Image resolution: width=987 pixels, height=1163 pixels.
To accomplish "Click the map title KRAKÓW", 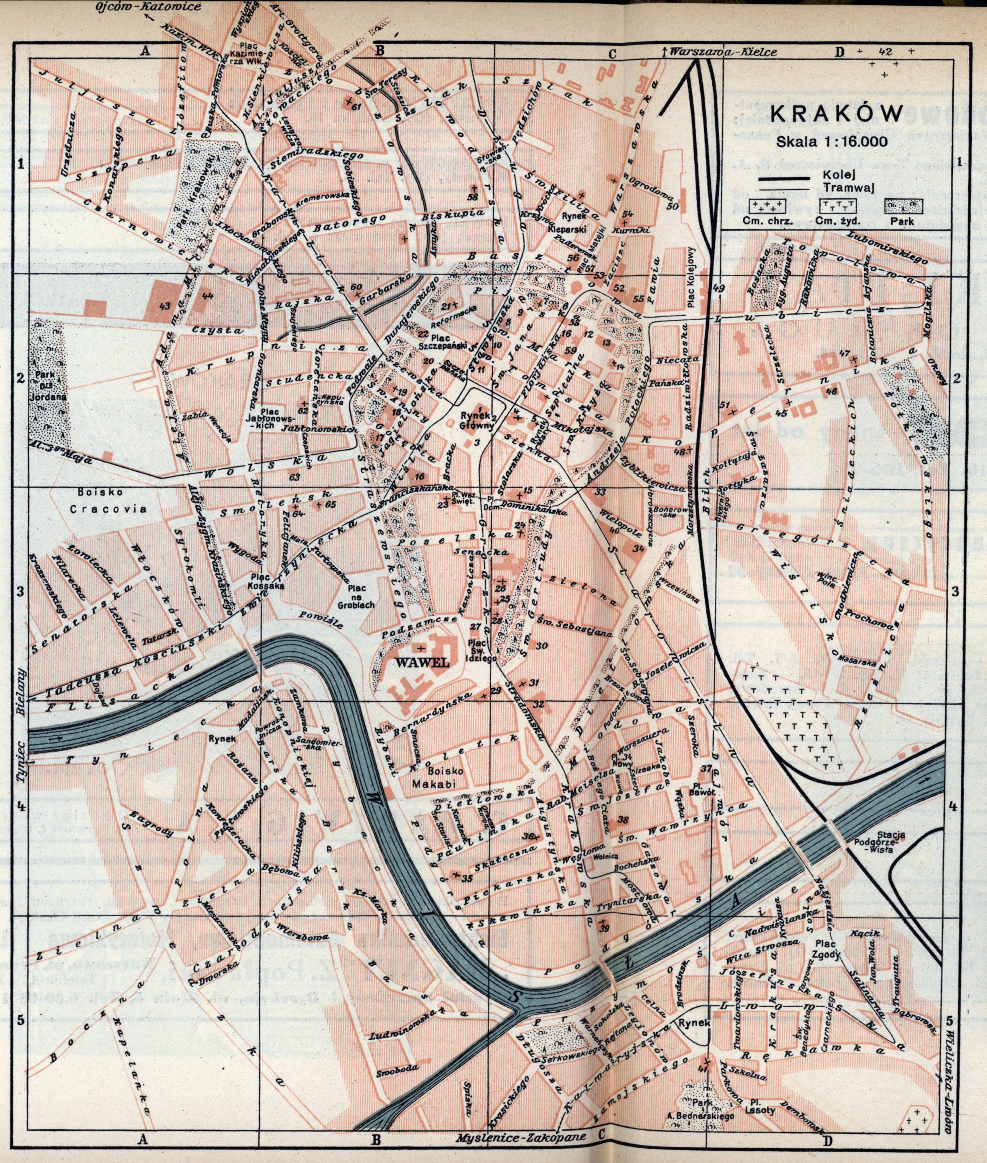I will pos(836,114).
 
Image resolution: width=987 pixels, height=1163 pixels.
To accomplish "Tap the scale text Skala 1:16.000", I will pos(831,141).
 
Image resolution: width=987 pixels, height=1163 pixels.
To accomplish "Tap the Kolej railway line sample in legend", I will pos(783,178).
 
